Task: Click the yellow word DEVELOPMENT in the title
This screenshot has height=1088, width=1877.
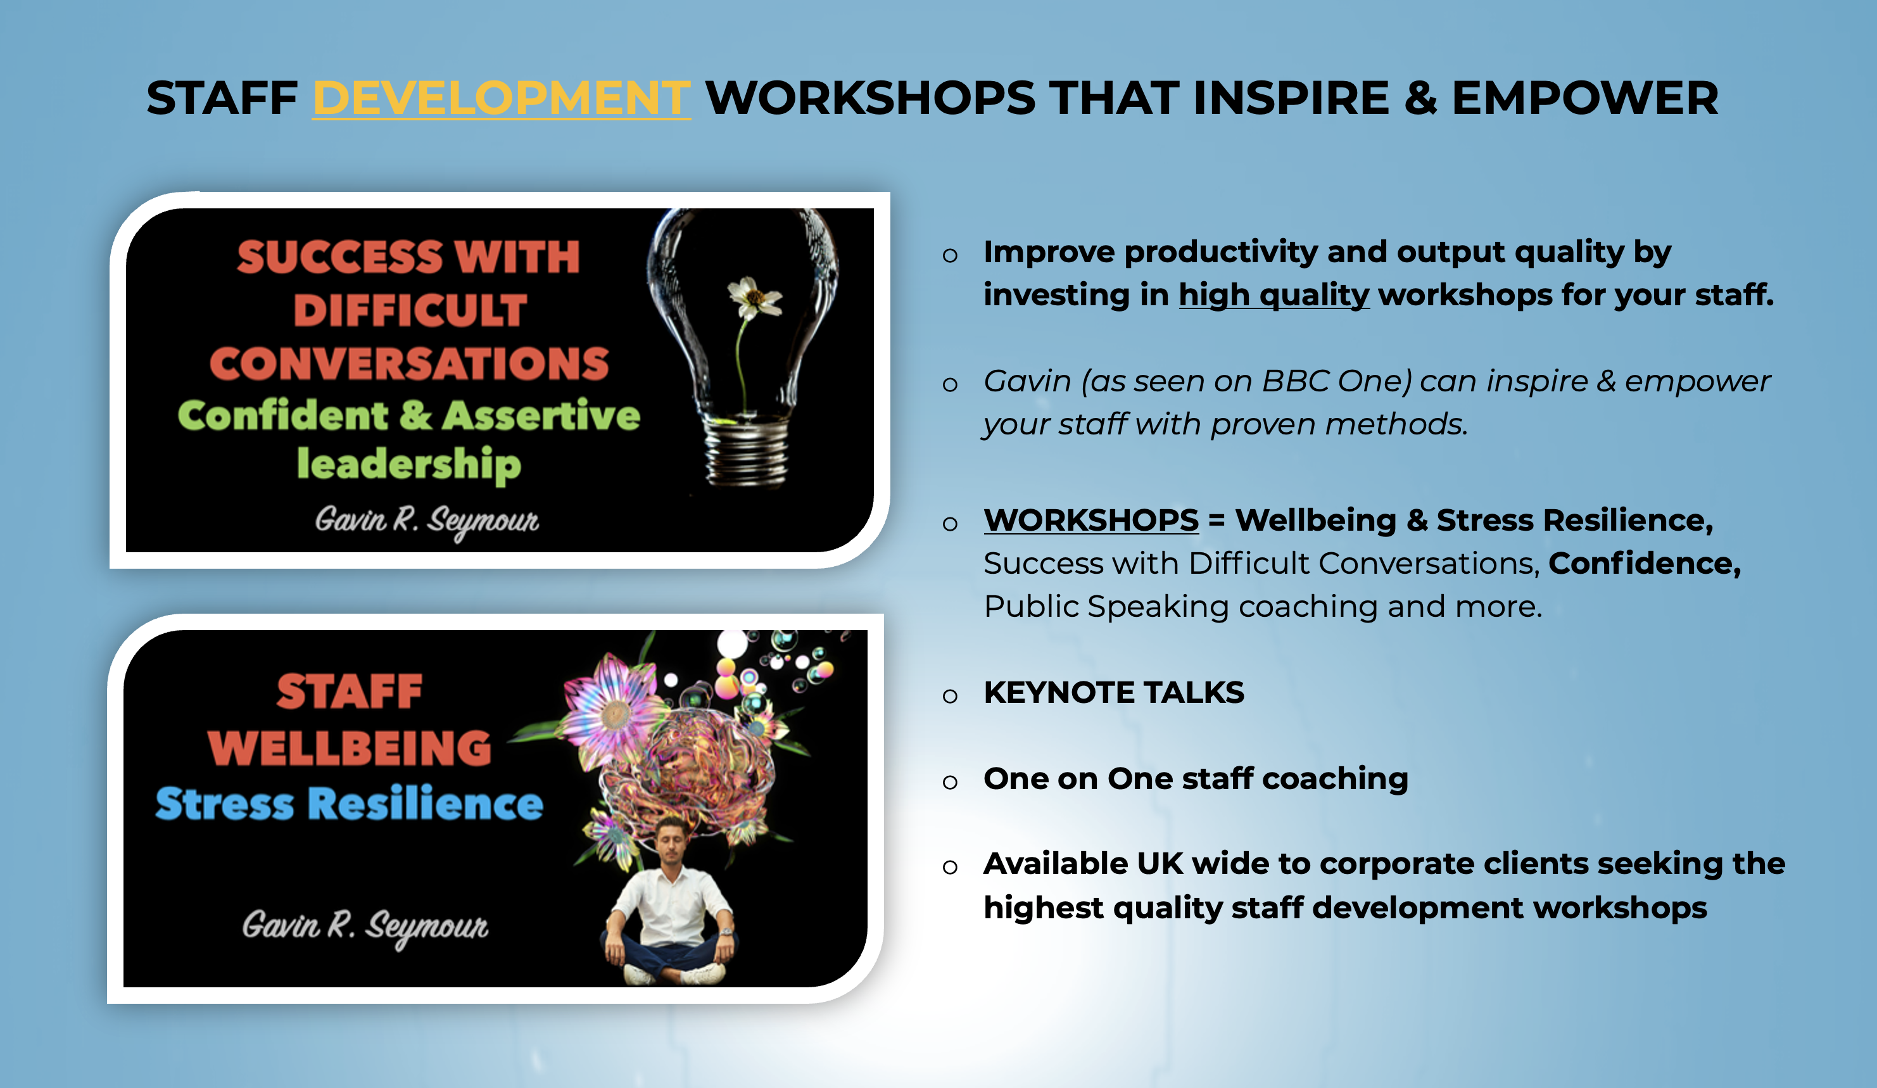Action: click(x=502, y=98)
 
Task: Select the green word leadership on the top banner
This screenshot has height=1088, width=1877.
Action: click(x=409, y=464)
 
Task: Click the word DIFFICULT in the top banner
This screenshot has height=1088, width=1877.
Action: click(x=410, y=310)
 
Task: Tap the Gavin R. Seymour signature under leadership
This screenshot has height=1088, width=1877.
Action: click(x=427, y=521)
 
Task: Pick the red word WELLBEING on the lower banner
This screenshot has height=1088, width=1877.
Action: click(x=350, y=748)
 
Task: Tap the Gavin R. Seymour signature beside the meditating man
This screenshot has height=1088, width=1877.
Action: click(x=365, y=927)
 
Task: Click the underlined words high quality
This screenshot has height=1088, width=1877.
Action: click(x=1273, y=295)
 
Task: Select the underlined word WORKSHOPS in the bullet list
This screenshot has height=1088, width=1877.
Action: click(x=1091, y=520)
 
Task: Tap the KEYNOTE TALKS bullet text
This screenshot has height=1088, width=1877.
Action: click(x=1113, y=693)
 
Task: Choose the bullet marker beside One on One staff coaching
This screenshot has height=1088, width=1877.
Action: click(x=950, y=782)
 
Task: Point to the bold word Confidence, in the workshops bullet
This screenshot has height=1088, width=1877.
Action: click(x=1645, y=564)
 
